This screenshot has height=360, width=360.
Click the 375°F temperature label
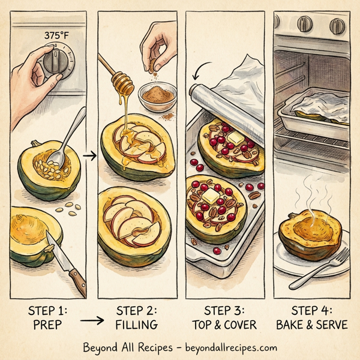pos(56,35)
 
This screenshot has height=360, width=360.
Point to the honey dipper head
pos(123,83)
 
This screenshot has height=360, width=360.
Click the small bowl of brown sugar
pos(157,97)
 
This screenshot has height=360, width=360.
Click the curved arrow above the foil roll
pos(200,70)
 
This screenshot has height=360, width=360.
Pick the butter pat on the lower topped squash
pos(211,196)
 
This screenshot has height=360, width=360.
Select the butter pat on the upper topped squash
pos(236,138)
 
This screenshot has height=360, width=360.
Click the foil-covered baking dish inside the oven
pos(314,113)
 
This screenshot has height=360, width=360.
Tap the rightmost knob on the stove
pos(337,26)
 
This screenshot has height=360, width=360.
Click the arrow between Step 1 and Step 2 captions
pos(92,320)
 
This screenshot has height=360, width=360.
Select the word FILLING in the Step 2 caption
pos(137,325)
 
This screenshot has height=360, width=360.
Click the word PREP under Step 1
pos(47,325)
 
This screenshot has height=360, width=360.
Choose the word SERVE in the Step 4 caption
pos(332,325)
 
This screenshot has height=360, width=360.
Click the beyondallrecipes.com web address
pos(231,347)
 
